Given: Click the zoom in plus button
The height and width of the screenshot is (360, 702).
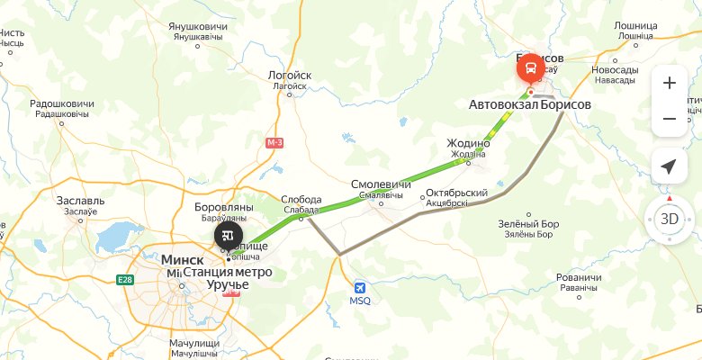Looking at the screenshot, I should pyautogui.click(x=669, y=83).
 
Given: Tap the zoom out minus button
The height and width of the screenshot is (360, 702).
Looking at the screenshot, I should pyautogui.click(x=669, y=119).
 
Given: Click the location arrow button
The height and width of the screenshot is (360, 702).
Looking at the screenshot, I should pyautogui.click(x=669, y=166).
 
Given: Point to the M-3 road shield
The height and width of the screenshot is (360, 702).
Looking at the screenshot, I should pyautogui.click(x=275, y=142).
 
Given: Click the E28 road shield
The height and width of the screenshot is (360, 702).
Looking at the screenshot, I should pyautogui.click(x=123, y=280).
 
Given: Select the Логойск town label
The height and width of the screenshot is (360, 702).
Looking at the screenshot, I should pyautogui.click(x=290, y=76).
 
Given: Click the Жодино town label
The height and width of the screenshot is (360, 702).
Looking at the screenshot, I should pyautogui.click(x=468, y=143).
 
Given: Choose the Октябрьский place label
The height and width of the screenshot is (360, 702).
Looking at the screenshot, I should pyautogui.click(x=456, y=193).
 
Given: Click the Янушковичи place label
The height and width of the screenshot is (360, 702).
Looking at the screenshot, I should pyautogui.click(x=197, y=26).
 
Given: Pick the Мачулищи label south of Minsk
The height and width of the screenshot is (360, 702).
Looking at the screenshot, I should pyautogui.click(x=196, y=343).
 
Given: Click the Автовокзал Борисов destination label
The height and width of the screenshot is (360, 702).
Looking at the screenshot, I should pyautogui.click(x=530, y=104).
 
